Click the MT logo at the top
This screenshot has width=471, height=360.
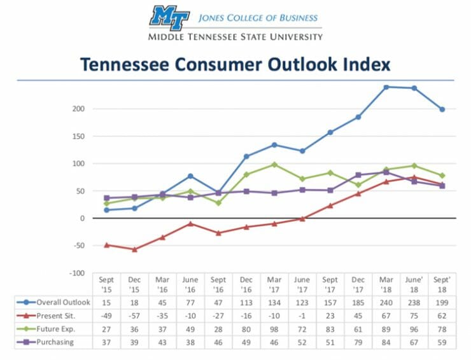[x=169, y=17]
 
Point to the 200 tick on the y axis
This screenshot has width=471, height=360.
[x=78, y=109]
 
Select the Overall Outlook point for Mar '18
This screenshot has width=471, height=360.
[x=386, y=87]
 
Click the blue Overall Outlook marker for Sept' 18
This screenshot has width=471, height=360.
[x=442, y=109]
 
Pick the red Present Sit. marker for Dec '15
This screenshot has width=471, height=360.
[x=134, y=249]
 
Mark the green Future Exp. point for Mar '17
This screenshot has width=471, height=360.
[x=274, y=164]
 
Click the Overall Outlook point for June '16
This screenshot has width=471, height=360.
[x=190, y=176]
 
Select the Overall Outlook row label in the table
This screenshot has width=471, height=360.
[x=62, y=302]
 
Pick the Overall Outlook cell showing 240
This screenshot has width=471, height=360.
[x=386, y=302]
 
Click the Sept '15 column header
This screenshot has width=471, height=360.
[x=107, y=283]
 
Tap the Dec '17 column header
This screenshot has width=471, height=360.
[x=358, y=283]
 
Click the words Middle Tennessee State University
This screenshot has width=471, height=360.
[x=235, y=36]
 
